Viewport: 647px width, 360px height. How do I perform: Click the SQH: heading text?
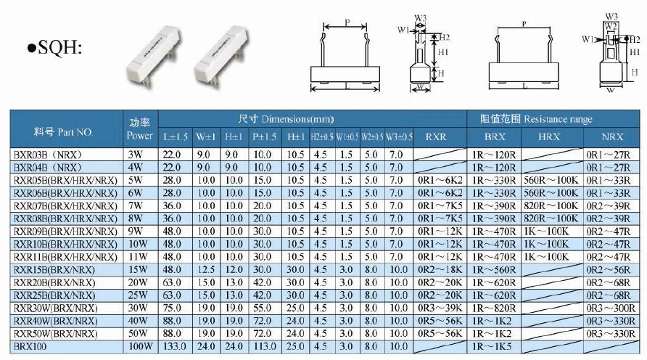coord(54,48)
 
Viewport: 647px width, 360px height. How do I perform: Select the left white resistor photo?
coord(154,56)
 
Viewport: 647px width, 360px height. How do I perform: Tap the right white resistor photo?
coord(221,56)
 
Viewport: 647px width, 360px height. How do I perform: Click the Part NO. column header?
coord(63,132)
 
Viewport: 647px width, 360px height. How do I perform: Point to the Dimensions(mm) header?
coord(286,119)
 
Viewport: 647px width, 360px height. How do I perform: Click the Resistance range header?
coord(536,119)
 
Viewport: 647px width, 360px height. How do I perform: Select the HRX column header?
coord(549,136)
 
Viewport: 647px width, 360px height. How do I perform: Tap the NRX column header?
coord(612,136)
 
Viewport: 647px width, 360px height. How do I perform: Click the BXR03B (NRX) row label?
coord(48,155)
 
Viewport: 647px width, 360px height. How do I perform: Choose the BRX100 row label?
coord(30,346)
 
